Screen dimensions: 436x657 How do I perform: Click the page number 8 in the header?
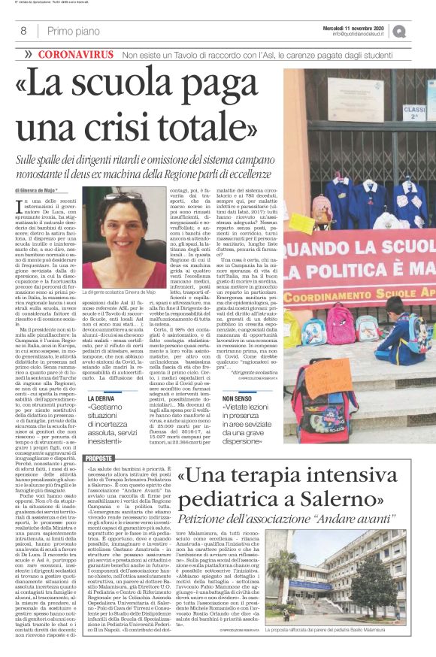pyautogui.click(x=23, y=31)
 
